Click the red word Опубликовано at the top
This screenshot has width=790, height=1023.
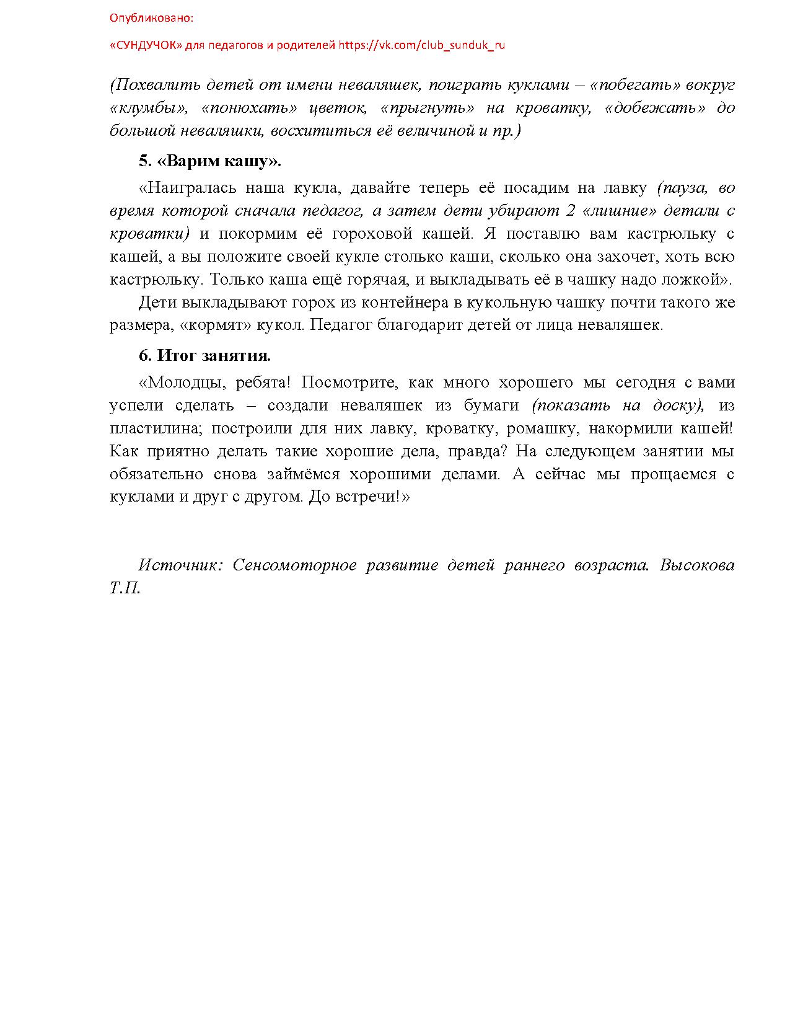pyautogui.click(x=151, y=18)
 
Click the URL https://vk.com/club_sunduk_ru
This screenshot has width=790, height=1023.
pyautogui.click(x=421, y=45)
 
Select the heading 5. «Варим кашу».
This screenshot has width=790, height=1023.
pyautogui.click(x=209, y=161)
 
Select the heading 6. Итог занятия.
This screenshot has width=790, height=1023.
pyautogui.click(x=204, y=356)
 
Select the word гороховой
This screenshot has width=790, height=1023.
pyautogui.click(x=372, y=234)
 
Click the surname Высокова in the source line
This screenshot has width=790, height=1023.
pyautogui.click(x=697, y=565)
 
